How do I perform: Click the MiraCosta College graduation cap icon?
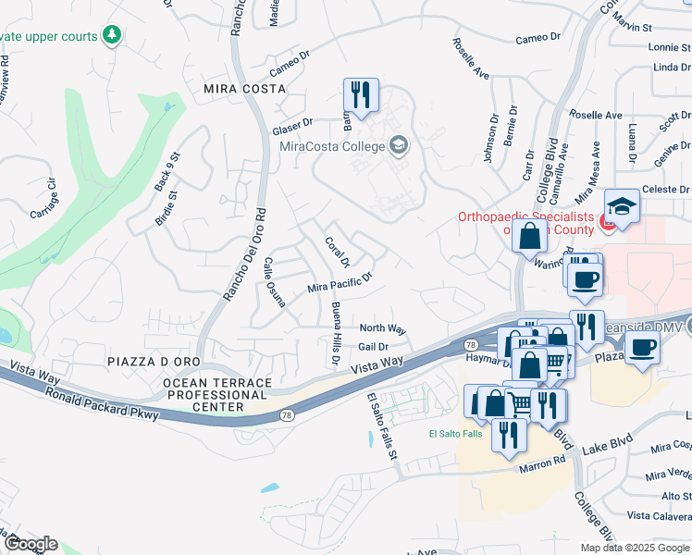(x=399, y=145)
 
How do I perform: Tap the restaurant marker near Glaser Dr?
(x=361, y=94)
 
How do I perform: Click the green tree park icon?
(x=112, y=35)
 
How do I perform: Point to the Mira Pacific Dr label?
(x=340, y=283)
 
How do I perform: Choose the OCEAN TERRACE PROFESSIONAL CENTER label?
(x=217, y=395)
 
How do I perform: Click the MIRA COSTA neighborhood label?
(x=244, y=88)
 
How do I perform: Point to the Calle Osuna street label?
(x=275, y=281)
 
